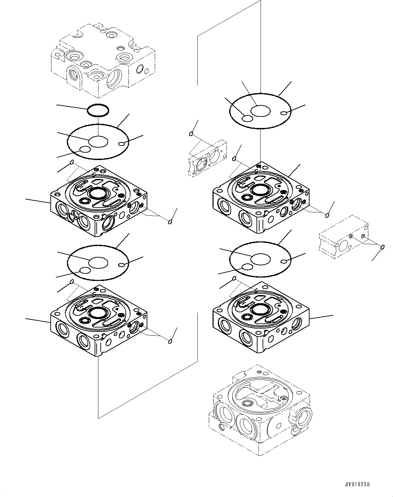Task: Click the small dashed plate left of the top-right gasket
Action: pyautogui.click(x=207, y=158)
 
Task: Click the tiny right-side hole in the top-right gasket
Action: pyautogui.click(x=287, y=113)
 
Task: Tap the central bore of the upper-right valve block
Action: pyautogui.click(x=260, y=189)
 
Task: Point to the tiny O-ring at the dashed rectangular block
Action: pyautogui.click(x=383, y=247)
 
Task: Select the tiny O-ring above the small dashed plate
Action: pyautogui.click(x=191, y=134)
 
